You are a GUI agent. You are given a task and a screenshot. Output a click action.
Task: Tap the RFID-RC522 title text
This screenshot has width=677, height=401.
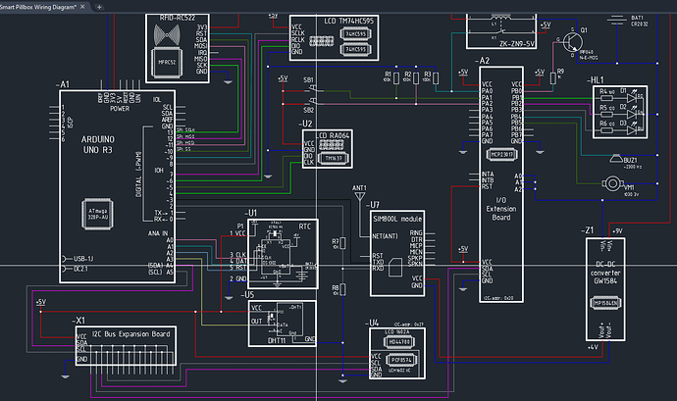tap(179, 19)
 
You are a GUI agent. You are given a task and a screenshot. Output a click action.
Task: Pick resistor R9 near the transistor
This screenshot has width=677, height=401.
tap(559, 75)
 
